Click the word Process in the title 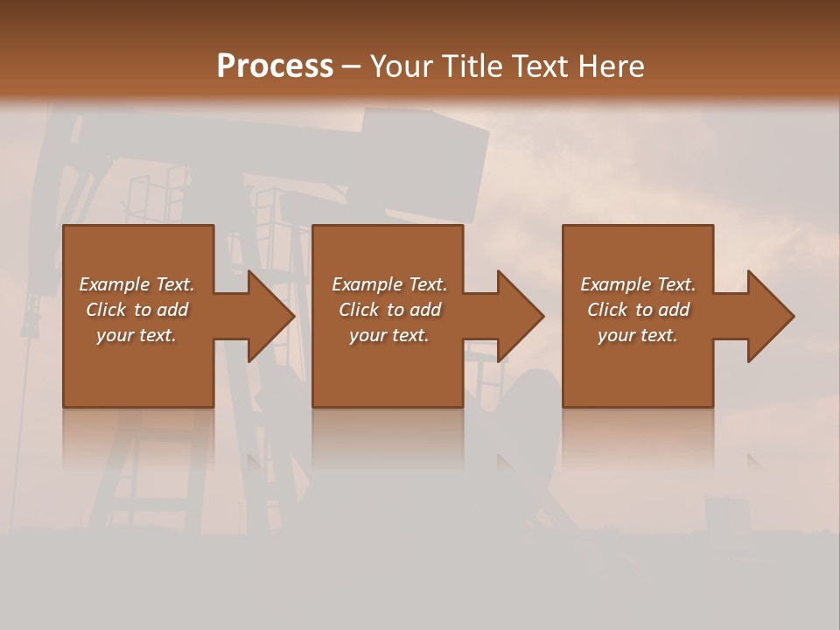[275, 66]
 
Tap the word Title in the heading [468, 66]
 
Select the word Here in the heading [612, 66]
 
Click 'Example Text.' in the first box [136, 284]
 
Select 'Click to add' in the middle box [389, 310]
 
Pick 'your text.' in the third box [638, 335]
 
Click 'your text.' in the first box [136, 335]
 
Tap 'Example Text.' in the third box [638, 284]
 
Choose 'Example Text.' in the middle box [389, 284]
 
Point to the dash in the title [351, 67]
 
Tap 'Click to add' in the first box [136, 310]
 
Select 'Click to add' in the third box [638, 310]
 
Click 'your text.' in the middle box [389, 335]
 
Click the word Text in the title [538, 66]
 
